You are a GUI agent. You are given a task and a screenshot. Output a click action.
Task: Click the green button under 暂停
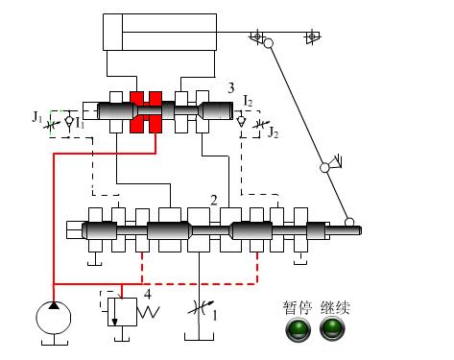298,329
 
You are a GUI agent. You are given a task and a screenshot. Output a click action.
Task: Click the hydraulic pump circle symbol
54,318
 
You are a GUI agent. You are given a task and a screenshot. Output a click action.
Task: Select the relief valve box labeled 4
122,312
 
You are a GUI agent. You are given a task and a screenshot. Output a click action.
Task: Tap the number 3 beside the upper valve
231,88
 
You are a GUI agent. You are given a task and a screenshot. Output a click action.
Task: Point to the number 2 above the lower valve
214,201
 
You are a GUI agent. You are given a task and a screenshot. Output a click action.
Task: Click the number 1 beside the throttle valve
215,316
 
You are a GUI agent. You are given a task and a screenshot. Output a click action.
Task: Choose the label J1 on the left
37,117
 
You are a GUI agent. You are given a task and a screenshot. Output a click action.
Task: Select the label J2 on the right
274,132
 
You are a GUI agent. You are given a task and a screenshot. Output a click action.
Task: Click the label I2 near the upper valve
248,101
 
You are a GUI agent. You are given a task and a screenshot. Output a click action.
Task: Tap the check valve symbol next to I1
69,121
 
